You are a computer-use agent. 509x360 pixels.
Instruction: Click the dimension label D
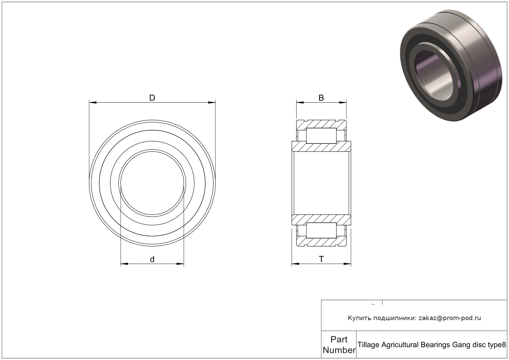(152, 98)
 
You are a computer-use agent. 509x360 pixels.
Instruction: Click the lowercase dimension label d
(152, 259)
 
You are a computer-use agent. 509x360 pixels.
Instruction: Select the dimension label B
(321, 98)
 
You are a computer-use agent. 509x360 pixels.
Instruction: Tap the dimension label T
(321, 259)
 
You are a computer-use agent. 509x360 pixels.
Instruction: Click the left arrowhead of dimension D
(93, 102)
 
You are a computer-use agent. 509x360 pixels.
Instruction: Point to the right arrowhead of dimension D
(212, 102)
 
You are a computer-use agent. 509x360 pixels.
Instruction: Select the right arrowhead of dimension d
(180, 264)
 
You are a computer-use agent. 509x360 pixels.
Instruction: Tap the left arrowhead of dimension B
(300, 102)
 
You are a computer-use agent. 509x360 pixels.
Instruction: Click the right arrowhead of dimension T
(348, 264)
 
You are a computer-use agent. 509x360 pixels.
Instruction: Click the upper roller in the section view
(321, 136)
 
